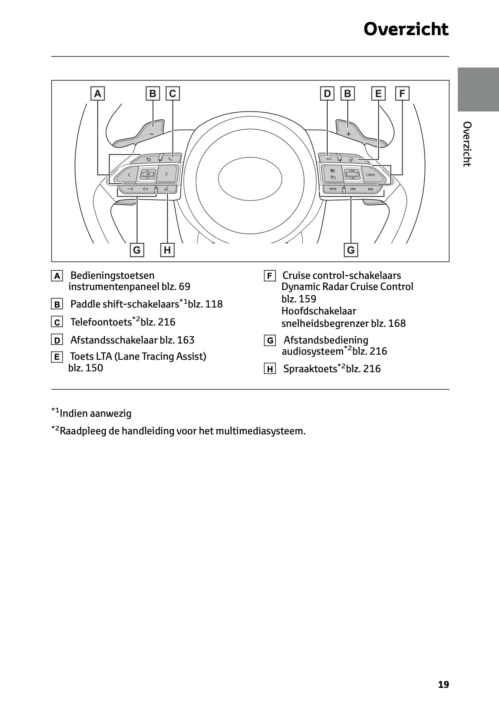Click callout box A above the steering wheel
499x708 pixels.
click(98, 93)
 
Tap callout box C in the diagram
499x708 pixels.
click(173, 93)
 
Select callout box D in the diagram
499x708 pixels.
click(327, 93)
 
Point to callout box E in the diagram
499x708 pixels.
click(378, 93)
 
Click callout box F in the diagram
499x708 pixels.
click(402, 93)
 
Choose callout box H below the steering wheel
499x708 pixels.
click(167, 250)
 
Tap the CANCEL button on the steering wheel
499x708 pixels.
click(371, 175)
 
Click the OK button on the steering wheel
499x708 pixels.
click(148, 174)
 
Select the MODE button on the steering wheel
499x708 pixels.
click(333, 189)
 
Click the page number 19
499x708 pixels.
click(443, 684)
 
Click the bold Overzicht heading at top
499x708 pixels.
click(406, 30)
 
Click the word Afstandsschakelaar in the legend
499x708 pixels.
click(114, 340)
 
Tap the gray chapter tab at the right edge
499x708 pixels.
click(478, 89)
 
